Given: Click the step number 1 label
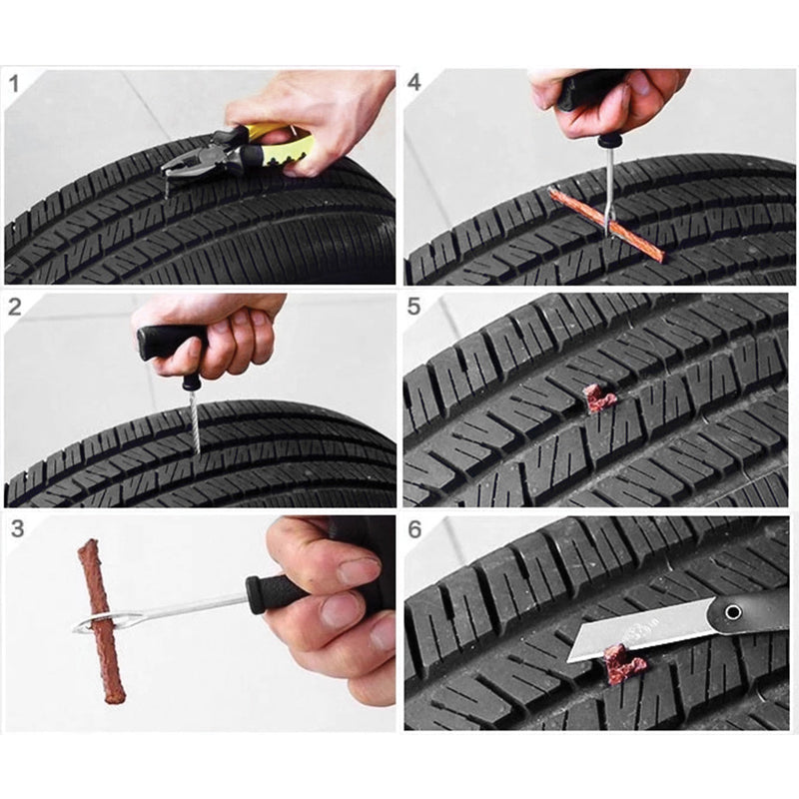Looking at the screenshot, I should pyautogui.click(x=15, y=83).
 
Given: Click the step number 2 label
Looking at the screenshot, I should pyautogui.click(x=15, y=307).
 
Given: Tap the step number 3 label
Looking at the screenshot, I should pyautogui.click(x=17, y=529).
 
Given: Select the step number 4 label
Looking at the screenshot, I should pyautogui.click(x=414, y=83).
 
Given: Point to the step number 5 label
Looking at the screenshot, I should pyautogui.click(x=414, y=307).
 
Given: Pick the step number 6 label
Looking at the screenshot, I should pyautogui.click(x=414, y=529).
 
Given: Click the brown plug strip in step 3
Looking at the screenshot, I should pyautogui.click(x=100, y=619).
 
